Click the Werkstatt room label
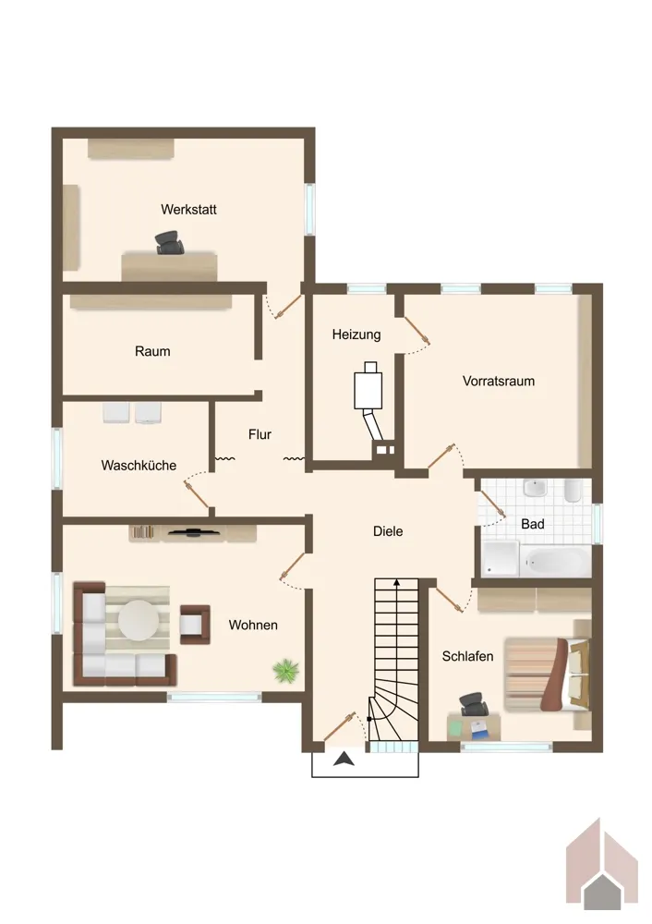pyautogui.click(x=188, y=210)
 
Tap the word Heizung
pyautogui.click(x=356, y=334)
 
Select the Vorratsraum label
pyautogui.click(x=499, y=382)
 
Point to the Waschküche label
pyautogui.click(x=139, y=466)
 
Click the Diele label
pyautogui.click(x=388, y=531)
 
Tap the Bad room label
pyautogui.click(x=533, y=524)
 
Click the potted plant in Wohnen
pyautogui.click(x=285, y=671)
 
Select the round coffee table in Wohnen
pyautogui.click(x=139, y=620)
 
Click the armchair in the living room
pyautogui.click(x=195, y=624)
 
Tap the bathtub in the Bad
pyautogui.click(x=555, y=562)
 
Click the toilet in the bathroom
pyautogui.click(x=574, y=491)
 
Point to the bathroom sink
pyautogui.click(x=536, y=489)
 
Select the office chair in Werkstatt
pyautogui.click(x=170, y=242)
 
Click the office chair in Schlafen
pyautogui.click(x=474, y=704)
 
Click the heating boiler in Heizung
pyautogui.click(x=368, y=390)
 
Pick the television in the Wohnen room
pyautogui.click(x=194, y=533)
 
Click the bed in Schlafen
pyautogui.click(x=547, y=675)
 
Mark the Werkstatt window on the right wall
pyautogui.click(x=309, y=209)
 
